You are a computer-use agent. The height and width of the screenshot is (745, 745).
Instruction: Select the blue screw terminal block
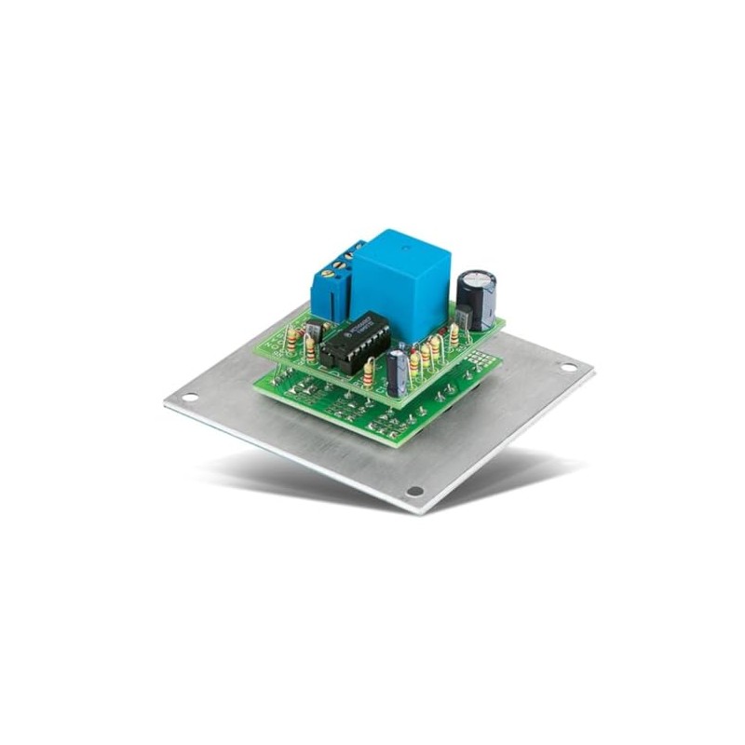[x=332, y=279]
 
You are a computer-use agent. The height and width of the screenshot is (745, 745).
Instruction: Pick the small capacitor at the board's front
[x=398, y=370]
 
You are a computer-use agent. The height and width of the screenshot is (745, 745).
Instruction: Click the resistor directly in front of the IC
[x=370, y=374]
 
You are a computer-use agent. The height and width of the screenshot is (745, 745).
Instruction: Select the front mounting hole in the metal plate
[x=415, y=491]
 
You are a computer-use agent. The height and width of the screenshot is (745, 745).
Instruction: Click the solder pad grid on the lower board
[x=475, y=357]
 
